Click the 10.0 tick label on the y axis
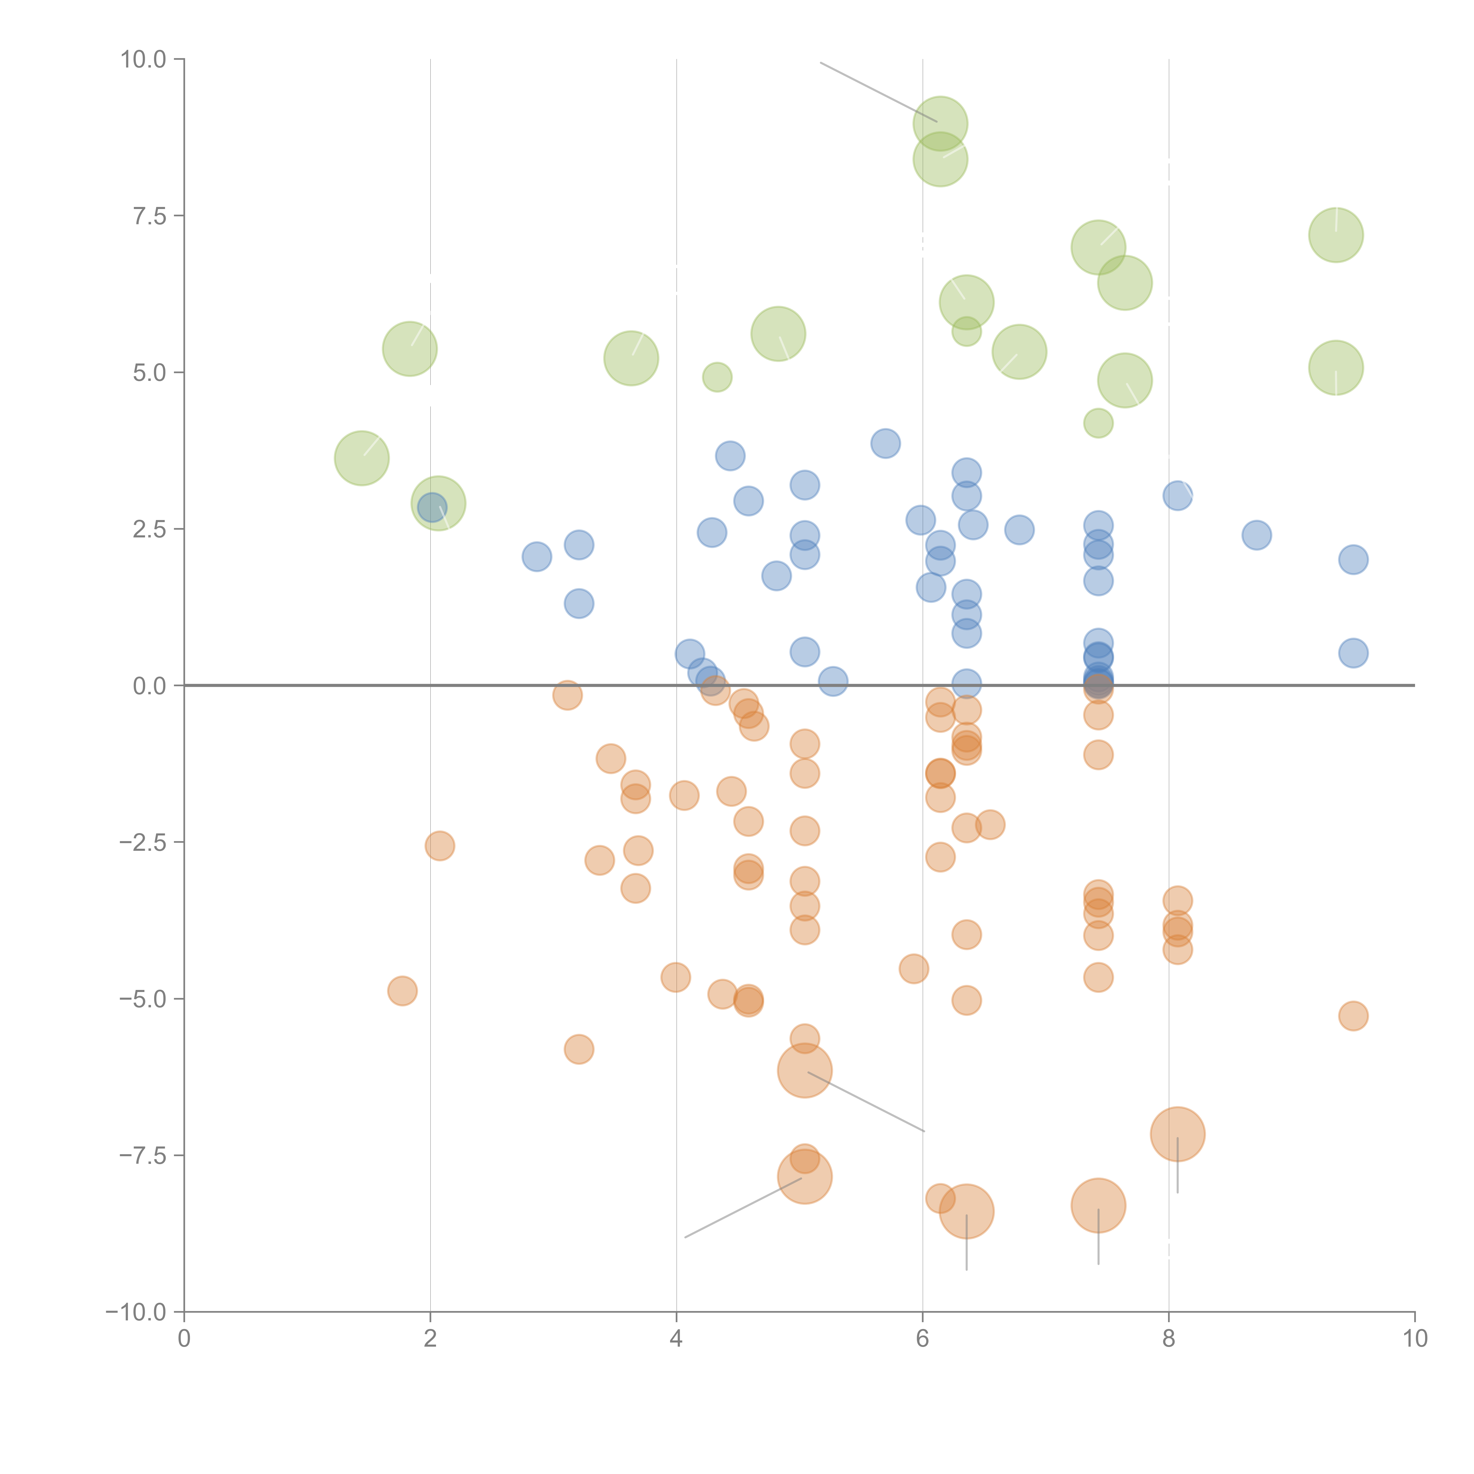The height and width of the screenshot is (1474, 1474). coord(144,60)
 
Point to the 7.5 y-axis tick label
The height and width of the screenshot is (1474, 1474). coord(149,216)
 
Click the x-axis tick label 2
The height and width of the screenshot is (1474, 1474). coord(430,1339)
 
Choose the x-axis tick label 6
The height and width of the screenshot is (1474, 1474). coord(922,1339)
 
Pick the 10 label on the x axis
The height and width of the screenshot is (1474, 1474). coord(1414,1339)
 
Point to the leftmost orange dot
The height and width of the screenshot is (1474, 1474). coord(402,991)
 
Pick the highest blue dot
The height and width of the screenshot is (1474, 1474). coord(885,443)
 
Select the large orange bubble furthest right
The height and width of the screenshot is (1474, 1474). coord(1177,1134)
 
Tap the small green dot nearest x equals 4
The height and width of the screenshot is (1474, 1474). coord(716,377)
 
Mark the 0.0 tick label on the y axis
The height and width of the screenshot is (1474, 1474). coord(149,686)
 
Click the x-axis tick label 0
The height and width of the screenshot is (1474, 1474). coord(184,1339)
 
